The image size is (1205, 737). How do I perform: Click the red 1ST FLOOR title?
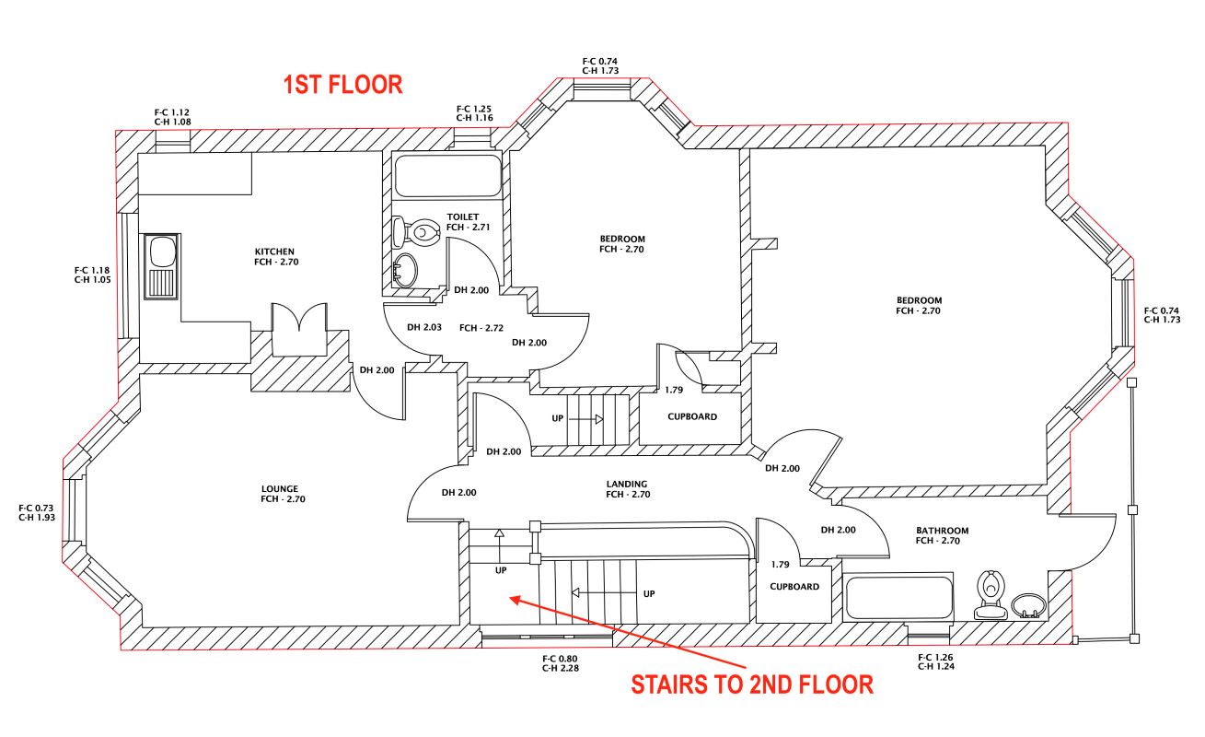tap(342, 85)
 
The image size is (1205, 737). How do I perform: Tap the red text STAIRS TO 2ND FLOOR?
tap(750, 684)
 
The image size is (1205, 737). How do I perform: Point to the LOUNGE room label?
tap(279, 494)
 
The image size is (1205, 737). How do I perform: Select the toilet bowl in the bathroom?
tap(991, 593)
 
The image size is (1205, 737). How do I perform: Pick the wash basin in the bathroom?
tap(1028, 604)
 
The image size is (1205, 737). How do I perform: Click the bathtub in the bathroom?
tap(898, 597)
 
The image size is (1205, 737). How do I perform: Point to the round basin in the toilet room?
tap(404, 271)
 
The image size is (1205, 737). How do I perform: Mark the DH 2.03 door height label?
tap(424, 327)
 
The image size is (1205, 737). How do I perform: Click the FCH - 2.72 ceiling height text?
tap(481, 327)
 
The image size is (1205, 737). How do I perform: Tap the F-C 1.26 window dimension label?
tap(936, 658)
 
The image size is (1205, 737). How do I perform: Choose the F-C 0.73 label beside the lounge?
tap(36, 508)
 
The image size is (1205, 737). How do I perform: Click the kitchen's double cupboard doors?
tap(297, 329)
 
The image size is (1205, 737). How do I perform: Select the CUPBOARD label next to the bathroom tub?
tap(794, 587)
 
